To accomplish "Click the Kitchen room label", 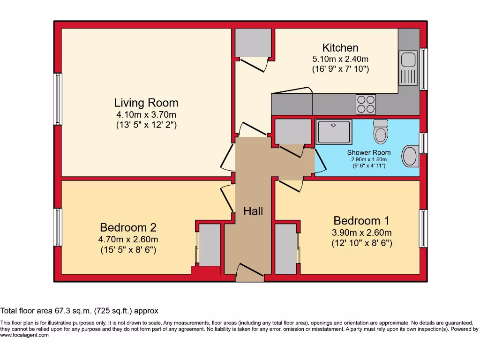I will click(x=340, y=48).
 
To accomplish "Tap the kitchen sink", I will click(x=408, y=68).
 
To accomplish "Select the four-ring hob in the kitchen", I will click(x=366, y=104).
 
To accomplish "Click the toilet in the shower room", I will click(x=380, y=132).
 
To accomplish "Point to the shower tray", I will click(x=334, y=132).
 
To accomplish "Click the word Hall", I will click(x=253, y=211).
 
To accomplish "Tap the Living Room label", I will click(x=146, y=103).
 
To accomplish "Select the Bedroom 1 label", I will click(x=361, y=220).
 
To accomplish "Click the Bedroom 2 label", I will click(x=128, y=228).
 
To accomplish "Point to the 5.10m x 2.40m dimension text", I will click(x=340, y=59).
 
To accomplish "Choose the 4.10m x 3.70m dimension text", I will click(x=146, y=114).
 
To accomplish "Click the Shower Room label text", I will click(x=368, y=152).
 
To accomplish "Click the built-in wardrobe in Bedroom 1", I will click(x=285, y=249).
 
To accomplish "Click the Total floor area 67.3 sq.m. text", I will click(x=80, y=311).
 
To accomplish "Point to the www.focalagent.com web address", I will click(x=24, y=335).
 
